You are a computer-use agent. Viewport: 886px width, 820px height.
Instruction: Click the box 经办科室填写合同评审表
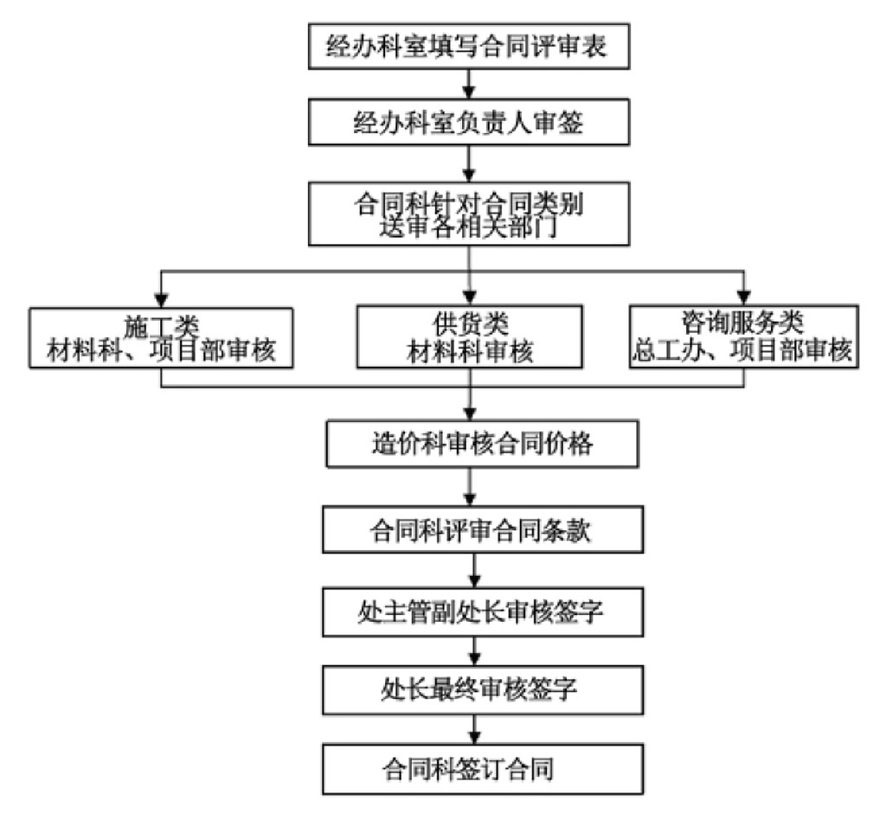click(468, 46)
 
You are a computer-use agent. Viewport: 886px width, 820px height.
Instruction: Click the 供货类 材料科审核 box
click(468, 339)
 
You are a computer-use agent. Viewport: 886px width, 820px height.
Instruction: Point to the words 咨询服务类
click(743, 323)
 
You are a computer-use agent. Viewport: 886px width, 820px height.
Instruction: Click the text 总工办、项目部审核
click(743, 352)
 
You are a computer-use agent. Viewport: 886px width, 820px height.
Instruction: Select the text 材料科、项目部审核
click(161, 354)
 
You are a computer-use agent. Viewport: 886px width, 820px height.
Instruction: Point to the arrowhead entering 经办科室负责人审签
click(468, 93)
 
